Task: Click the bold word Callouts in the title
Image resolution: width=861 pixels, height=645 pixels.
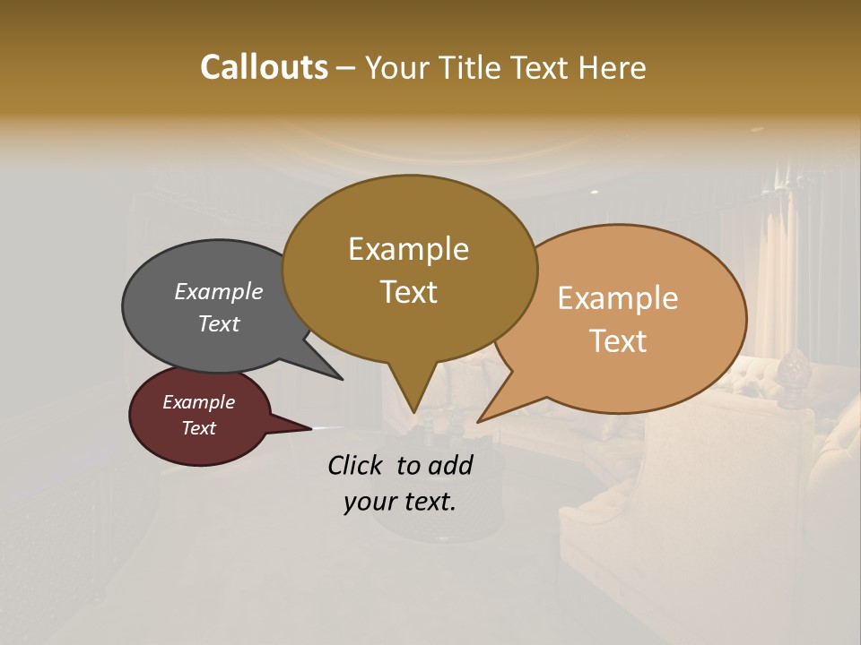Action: pos(264,67)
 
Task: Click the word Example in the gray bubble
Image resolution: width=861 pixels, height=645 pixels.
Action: pos(218,291)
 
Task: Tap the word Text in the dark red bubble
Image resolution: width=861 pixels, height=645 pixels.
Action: pos(198,428)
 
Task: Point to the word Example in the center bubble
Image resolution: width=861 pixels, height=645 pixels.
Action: pos(408,248)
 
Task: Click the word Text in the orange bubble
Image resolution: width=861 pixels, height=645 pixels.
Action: pos(619,341)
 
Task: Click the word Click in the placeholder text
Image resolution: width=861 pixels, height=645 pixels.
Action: pos(356,465)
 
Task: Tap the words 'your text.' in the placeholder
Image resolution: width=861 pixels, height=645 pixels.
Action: pos(399,502)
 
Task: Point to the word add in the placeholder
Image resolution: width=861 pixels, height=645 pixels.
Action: pos(450,465)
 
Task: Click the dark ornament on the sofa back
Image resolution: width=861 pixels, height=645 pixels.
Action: pos(792,366)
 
